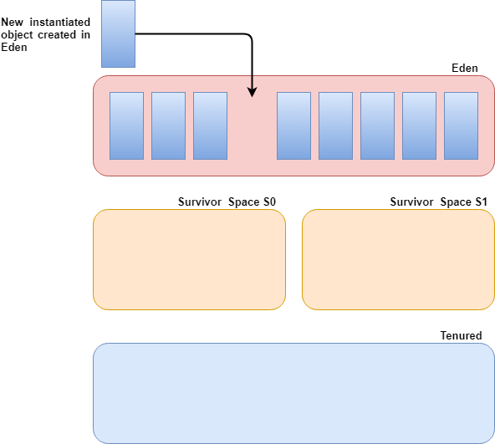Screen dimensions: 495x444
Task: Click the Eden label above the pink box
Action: [x=464, y=69]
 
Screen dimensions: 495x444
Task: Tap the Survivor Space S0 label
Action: [x=227, y=202]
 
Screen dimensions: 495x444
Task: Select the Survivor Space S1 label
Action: [x=438, y=202]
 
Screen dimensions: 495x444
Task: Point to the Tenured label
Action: [x=461, y=335]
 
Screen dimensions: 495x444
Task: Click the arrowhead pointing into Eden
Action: [x=252, y=92]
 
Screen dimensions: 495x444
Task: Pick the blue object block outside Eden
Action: [x=119, y=33]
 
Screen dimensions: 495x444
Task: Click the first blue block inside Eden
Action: [x=126, y=125]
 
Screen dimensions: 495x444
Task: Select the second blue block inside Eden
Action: [x=168, y=125]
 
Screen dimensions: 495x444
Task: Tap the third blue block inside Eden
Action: [x=210, y=125]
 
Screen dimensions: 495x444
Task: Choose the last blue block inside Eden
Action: [x=461, y=125]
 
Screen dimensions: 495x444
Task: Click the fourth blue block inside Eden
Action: [x=294, y=125]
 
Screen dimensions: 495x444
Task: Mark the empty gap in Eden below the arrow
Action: [x=252, y=126]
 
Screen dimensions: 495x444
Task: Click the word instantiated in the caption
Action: [x=60, y=22]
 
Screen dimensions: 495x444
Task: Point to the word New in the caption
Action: [x=12, y=22]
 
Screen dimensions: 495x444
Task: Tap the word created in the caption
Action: [x=57, y=35]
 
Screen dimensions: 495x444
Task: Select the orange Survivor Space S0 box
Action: [x=190, y=259]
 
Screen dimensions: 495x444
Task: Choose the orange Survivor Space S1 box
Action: [x=398, y=259]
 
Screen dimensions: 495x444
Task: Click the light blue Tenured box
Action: [x=294, y=393]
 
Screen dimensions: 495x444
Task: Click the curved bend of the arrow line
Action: [x=250, y=36]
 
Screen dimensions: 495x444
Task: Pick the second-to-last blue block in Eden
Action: [x=419, y=125]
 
